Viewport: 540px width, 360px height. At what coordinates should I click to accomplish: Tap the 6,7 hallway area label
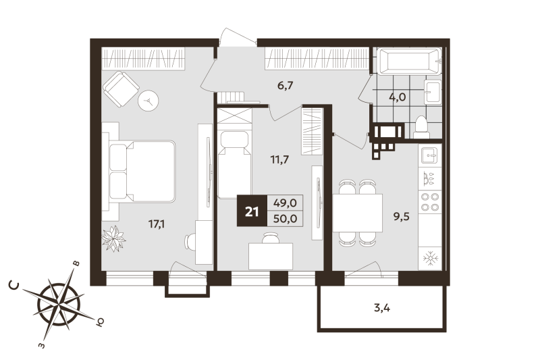286,86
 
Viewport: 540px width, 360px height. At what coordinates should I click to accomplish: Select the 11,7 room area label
279,160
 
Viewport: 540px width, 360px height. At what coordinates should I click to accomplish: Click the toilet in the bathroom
421,126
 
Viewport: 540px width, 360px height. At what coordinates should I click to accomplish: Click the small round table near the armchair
149,101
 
